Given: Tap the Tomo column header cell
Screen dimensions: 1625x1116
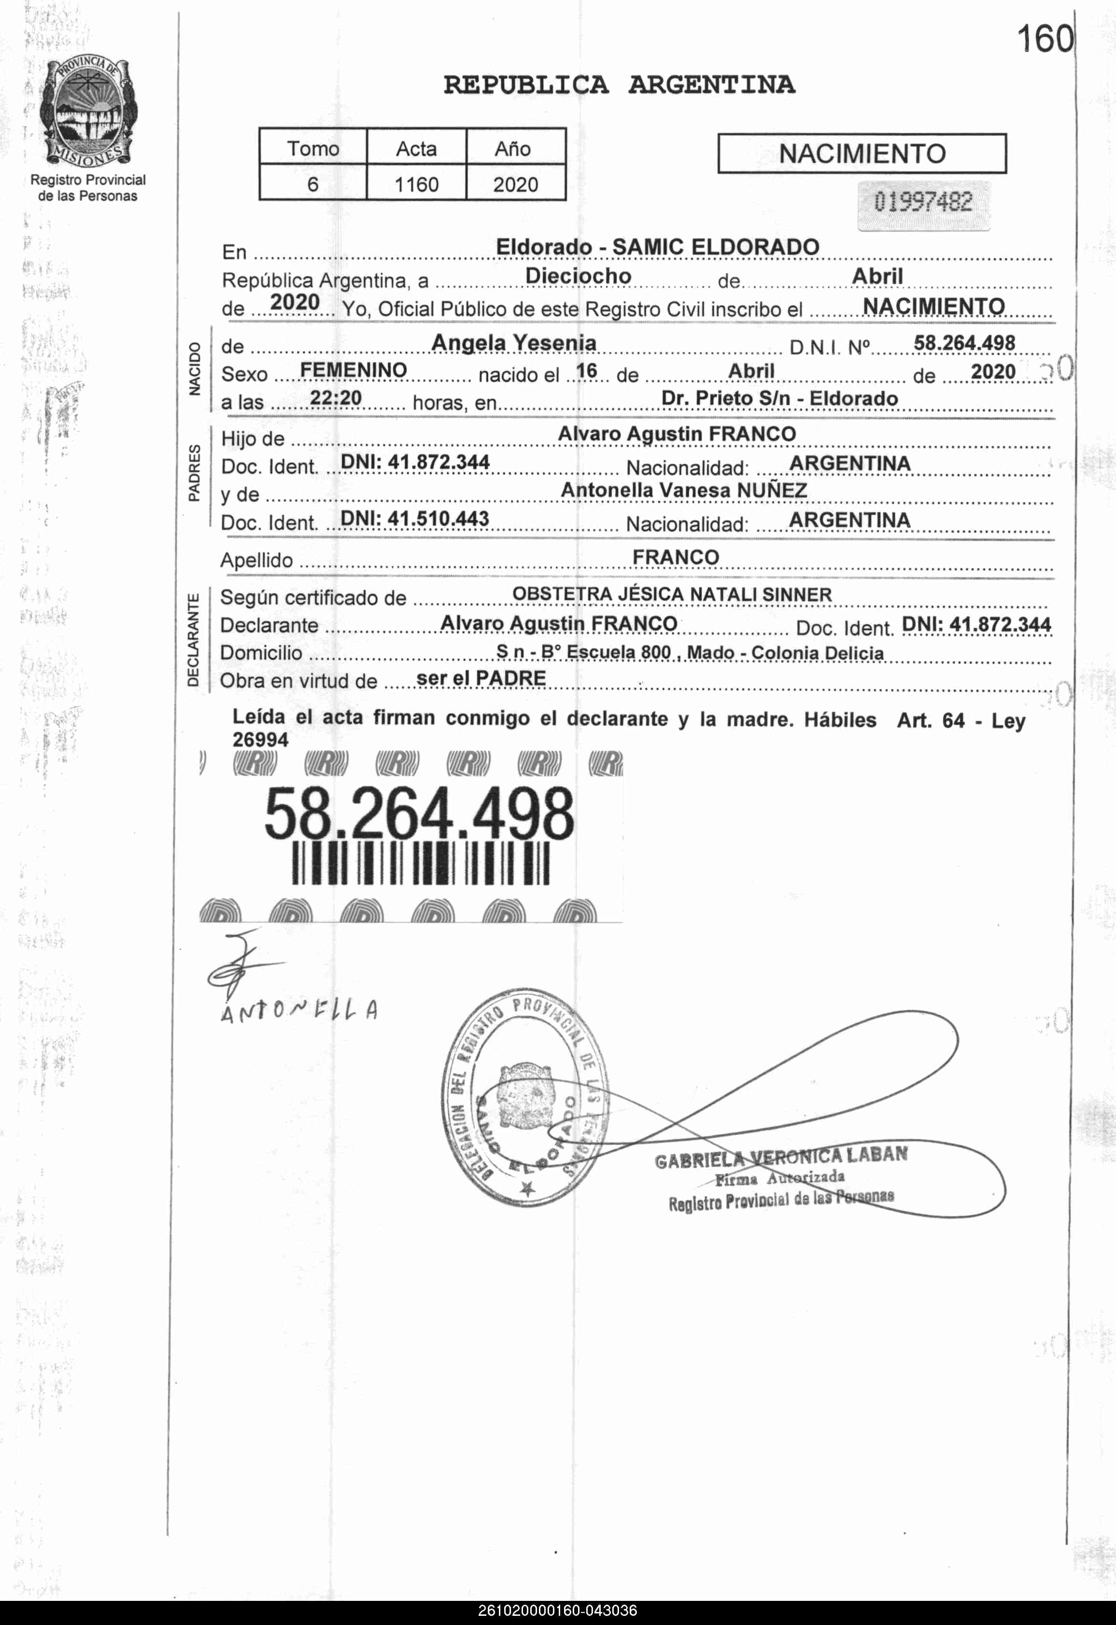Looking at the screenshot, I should [x=313, y=148].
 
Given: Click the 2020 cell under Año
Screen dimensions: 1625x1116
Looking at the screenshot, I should [x=515, y=185].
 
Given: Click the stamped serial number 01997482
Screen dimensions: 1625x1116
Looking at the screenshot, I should [x=923, y=203].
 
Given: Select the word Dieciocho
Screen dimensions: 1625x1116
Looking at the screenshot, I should [x=579, y=276].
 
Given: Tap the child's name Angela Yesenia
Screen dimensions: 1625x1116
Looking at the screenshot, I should [x=514, y=343].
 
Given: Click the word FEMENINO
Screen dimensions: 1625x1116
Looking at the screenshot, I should [x=353, y=370].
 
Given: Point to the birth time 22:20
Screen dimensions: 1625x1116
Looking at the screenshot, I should [x=336, y=398].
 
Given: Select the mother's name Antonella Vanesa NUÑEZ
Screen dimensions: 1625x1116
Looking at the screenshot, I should [x=683, y=490].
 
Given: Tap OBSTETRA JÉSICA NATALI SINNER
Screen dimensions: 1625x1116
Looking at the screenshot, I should [x=672, y=595].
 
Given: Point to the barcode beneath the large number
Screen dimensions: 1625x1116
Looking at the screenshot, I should [x=420, y=863].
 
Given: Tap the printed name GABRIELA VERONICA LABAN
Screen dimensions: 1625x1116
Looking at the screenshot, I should [x=781, y=1157].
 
